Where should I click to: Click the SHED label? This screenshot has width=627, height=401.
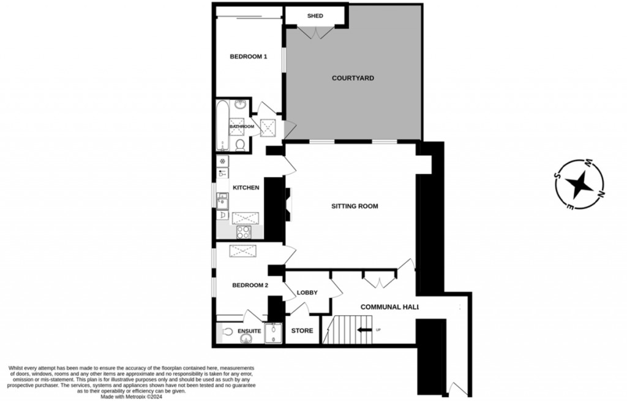tap(315, 16)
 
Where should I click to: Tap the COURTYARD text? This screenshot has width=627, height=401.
tap(353, 78)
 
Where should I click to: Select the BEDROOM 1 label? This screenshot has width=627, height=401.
tap(248, 57)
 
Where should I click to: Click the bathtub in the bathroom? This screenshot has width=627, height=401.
tap(222, 126)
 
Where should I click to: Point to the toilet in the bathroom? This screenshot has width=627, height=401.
tap(242, 143)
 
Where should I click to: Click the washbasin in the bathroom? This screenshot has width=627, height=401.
tap(241, 105)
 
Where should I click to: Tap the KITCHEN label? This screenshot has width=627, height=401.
tap(245, 188)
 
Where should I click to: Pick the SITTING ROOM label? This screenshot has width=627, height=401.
tap(355, 206)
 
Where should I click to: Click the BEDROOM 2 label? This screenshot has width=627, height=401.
tap(250, 285)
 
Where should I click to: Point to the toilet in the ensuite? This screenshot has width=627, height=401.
tap(228, 332)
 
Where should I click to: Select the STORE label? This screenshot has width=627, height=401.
tap(301, 331)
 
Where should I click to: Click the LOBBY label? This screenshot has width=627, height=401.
tap(307, 292)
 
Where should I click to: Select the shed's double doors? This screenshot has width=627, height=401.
tap(315, 32)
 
